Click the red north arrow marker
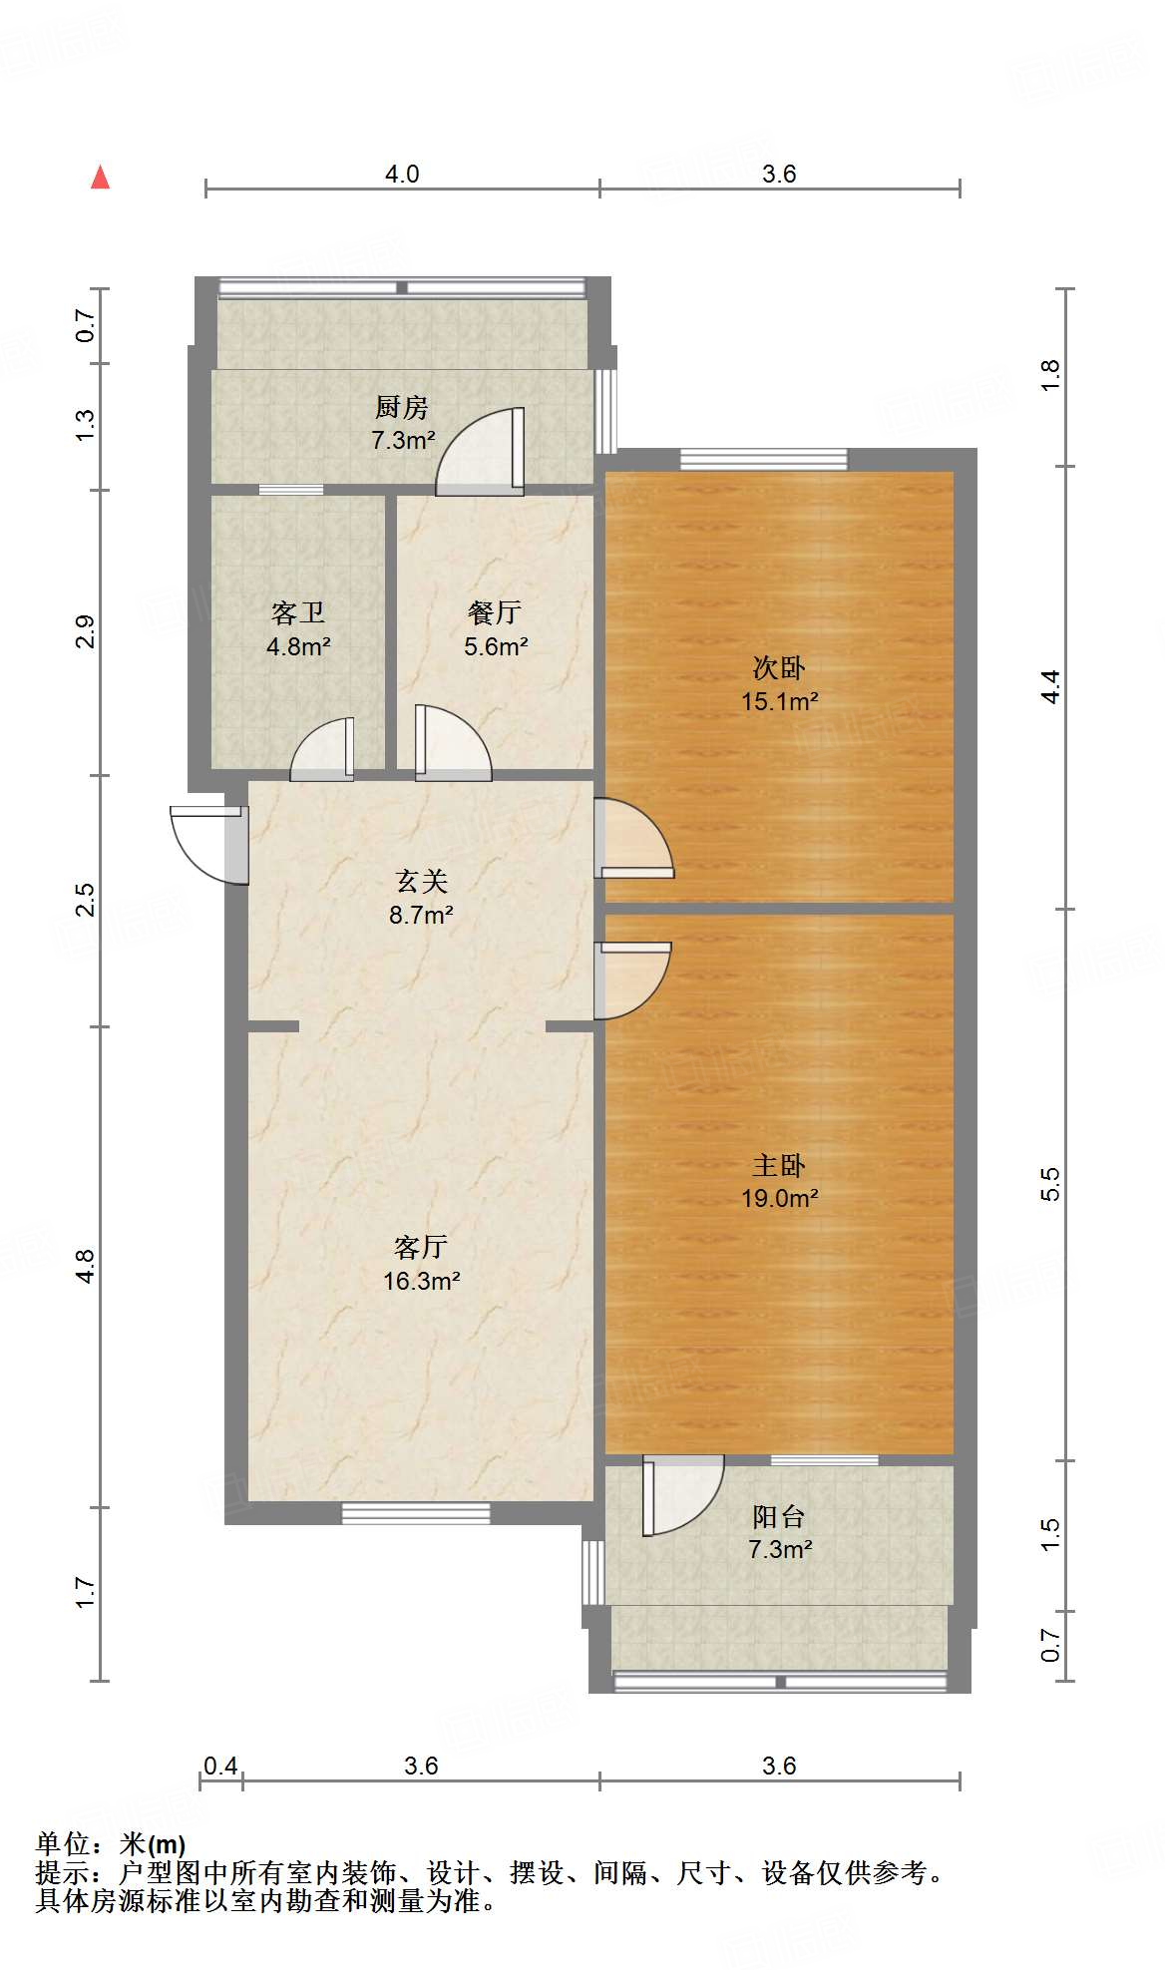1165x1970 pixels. coord(100,178)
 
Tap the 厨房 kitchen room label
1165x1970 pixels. coord(402,407)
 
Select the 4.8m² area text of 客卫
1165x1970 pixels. coord(298,646)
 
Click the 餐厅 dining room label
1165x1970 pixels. coord(495,612)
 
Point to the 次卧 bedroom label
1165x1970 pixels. coord(779,667)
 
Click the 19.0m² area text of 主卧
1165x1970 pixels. coord(779,1198)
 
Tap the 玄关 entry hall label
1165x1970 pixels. coord(421,881)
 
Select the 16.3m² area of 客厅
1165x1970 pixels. coord(421,1281)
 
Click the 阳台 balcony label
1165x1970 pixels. coord(779,1517)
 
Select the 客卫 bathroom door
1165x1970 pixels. coord(322,751)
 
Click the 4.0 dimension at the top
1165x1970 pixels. coord(402,175)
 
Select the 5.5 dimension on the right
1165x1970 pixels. coord(1049,1184)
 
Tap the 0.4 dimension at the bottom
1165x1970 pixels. coord(220,1767)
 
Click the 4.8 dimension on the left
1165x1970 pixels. coord(86,1266)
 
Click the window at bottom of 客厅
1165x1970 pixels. coord(416,1513)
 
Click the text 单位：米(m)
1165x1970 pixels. coord(111,1844)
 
